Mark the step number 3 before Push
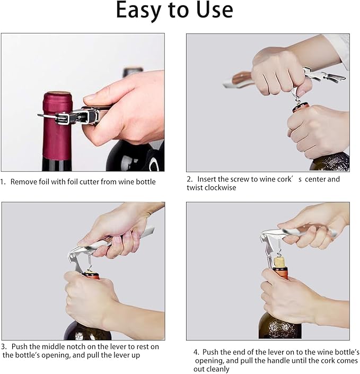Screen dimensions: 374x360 pos(4,346)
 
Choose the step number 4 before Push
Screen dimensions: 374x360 pos(196,352)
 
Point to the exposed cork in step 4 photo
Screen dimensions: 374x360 pos(280,261)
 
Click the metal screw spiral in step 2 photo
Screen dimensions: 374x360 pos(300,95)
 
